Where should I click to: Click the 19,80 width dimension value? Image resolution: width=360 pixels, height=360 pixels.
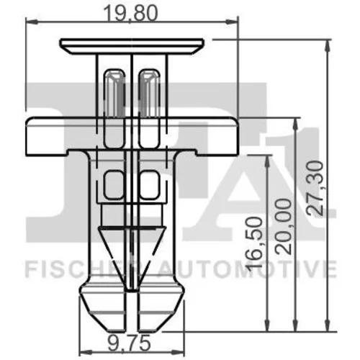(131, 14)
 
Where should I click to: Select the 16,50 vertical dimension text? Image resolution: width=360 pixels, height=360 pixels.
(255, 243)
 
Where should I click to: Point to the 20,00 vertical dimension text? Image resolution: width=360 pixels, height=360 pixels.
(283, 227)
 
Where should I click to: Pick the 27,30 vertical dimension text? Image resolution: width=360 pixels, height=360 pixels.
(315, 188)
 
